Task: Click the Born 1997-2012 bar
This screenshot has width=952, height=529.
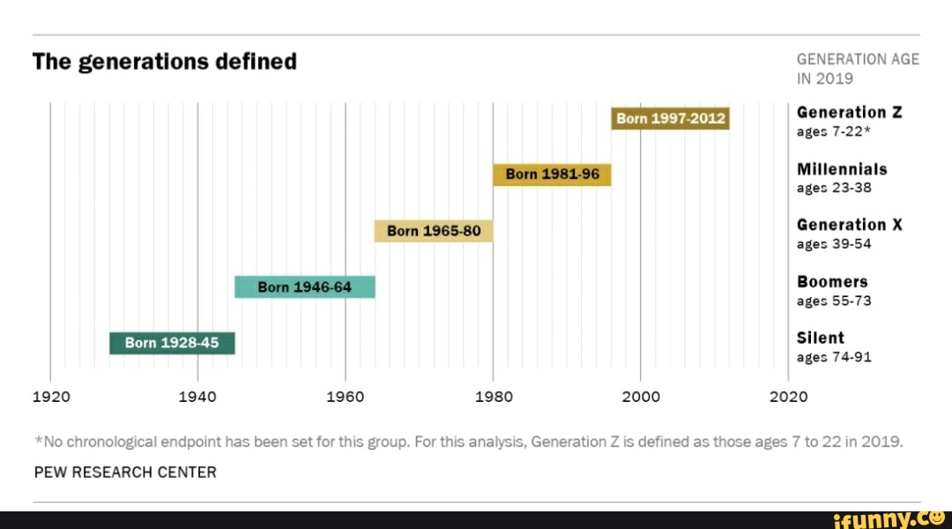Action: click(670, 118)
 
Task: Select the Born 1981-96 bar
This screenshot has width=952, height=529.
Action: click(552, 175)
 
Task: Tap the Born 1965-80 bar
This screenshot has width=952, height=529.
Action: click(434, 231)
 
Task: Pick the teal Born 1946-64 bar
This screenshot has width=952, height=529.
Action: click(304, 287)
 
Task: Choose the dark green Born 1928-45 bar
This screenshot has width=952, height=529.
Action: click(172, 343)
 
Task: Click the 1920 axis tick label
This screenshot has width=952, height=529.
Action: click(50, 397)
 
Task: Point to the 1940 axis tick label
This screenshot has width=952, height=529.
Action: click(197, 397)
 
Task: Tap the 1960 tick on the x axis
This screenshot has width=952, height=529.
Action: click(345, 397)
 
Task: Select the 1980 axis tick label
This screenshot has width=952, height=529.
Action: click(493, 397)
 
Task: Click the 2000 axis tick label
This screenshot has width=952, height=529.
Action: click(640, 397)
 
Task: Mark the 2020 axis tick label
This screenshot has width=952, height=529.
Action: click(788, 397)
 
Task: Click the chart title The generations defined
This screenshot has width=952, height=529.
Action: click(165, 62)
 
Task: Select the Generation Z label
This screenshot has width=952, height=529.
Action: click(849, 112)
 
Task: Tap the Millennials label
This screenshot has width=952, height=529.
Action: click(841, 168)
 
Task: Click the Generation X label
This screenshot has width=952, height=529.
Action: click(849, 225)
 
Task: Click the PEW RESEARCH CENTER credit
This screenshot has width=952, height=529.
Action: click(124, 472)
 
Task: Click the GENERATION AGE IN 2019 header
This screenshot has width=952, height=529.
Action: click(857, 69)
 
